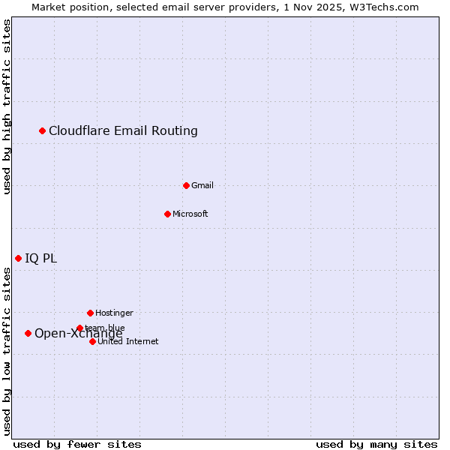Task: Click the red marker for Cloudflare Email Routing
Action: pyautogui.click(x=43, y=131)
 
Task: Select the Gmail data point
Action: pyautogui.click(x=186, y=185)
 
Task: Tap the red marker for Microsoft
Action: pyautogui.click(x=167, y=214)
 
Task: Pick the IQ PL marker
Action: pyautogui.click(x=18, y=258)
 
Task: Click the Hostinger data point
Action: pyautogui.click(x=90, y=313)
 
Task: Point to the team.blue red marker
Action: pyautogui.click(x=79, y=328)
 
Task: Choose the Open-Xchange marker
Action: pyautogui.click(x=28, y=333)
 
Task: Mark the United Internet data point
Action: pyautogui.click(x=92, y=341)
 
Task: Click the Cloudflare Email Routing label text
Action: pyautogui.click(x=123, y=131)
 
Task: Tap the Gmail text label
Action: pyautogui.click(x=202, y=185)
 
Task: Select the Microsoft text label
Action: pyautogui.click(x=190, y=214)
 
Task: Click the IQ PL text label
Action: pyautogui.click(x=40, y=259)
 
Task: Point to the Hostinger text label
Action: pyautogui.click(x=114, y=313)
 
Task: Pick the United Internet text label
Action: pyautogui.click(x=127, y=341)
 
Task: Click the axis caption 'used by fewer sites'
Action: pyautogui.click(x=77, y=444)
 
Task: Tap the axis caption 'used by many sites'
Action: pyautogui.click(x=376, y=444)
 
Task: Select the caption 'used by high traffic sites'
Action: pyautogui.click(x=7, y=106)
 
